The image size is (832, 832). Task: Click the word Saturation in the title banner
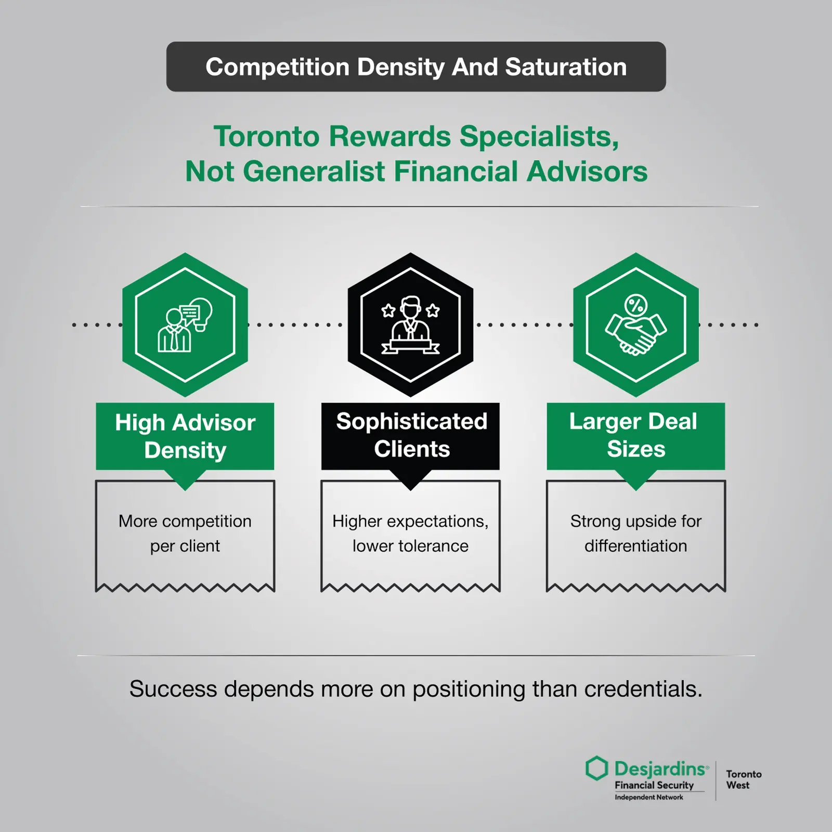click(566, 67)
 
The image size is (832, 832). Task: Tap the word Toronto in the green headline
click(266, 137)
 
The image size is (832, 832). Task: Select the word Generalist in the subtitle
click(314, 172)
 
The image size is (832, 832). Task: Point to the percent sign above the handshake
click(635, 305)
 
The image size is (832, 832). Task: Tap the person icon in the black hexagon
click(410, 325)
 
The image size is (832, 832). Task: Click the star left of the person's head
click(388, 311)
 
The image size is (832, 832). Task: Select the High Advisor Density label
click(185, 436)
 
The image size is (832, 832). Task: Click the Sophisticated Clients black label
click(411, 435)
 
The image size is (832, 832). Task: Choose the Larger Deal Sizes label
click(635, 435)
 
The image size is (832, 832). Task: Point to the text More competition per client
click(185, 534)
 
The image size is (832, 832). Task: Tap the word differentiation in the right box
click(635, 546)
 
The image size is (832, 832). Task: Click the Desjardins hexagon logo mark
click(596, 768)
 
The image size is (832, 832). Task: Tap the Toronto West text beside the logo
click(743, 779)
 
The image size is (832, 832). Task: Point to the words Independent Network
click(649, 797)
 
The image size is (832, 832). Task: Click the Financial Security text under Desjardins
click(654, 785)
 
